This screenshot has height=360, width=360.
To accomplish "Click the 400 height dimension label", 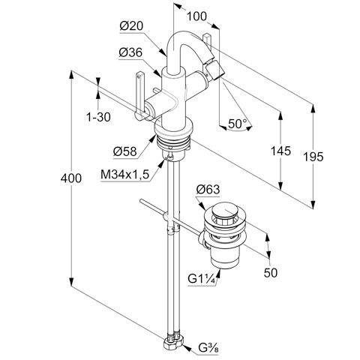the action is [71, 178].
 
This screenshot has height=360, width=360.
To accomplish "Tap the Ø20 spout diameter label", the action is [131, 26].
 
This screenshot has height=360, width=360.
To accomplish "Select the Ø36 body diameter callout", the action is [130, 52].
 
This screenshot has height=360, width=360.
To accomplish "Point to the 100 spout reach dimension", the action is [197, 16].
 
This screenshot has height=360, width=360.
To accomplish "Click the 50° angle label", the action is [238, 124].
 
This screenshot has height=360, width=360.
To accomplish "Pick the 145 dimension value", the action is [281, 151].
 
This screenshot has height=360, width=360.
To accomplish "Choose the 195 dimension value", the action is [313, 157].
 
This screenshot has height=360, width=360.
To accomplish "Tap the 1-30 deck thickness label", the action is [98, 117].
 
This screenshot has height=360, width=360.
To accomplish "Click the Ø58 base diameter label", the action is [125, 151].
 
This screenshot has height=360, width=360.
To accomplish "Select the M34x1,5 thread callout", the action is [125, 174].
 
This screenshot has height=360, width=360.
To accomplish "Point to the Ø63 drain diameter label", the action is [208, 190].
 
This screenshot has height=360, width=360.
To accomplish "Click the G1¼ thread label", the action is [202, 279].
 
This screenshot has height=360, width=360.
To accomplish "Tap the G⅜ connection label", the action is [208, 347].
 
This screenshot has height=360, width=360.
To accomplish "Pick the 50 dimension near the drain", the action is [271, 272].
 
